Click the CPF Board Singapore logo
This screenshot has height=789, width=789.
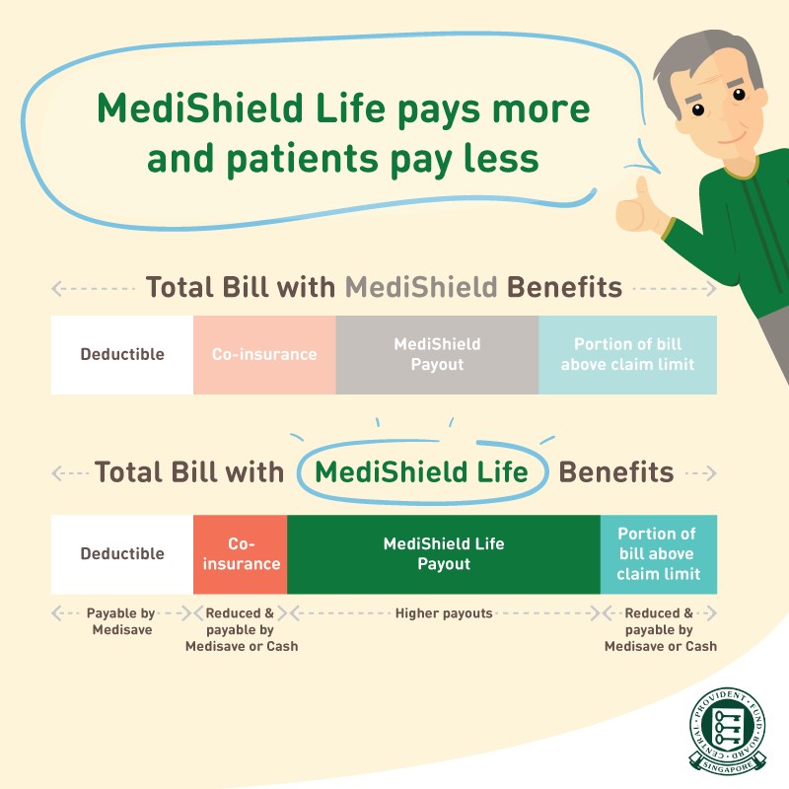click(727, 730)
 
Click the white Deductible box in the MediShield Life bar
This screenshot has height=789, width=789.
click(122, 554)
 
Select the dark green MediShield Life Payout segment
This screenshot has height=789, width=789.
click(444, 554)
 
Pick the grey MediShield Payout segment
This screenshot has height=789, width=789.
click(437, 355)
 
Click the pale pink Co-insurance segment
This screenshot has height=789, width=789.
click(264, 355)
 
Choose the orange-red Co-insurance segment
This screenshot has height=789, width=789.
click(241, 554)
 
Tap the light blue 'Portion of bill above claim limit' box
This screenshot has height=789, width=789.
click(627, 355)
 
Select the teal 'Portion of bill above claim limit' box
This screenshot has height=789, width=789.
click(659, 554)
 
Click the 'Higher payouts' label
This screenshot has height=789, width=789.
click(444, 613)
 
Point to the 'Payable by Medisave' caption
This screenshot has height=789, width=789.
click(121, 621)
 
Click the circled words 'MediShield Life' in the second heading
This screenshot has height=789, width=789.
click(422, 472)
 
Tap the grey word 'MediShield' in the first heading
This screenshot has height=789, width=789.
click(421, 287)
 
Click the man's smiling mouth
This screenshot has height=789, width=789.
click(732, 137)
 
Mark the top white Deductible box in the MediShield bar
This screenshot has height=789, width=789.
click(122, 355)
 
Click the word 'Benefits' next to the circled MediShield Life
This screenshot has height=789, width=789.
click(615, 472)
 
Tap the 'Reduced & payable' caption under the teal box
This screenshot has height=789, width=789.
click(660, 629)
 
